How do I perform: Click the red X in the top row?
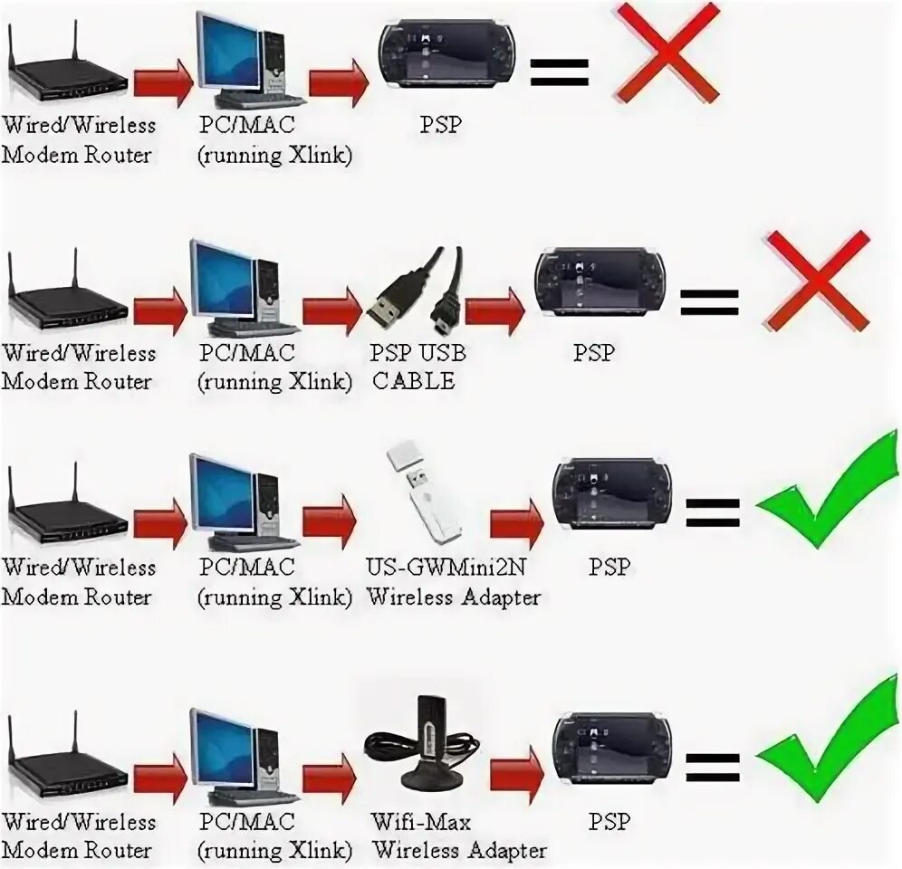(667, 53)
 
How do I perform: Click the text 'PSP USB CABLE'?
(417, 367)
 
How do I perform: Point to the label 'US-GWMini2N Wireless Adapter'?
(452, 582)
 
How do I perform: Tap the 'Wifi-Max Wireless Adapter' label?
(458, 836)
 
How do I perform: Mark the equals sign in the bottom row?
(712, 767)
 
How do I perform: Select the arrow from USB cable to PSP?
(495, 310)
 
